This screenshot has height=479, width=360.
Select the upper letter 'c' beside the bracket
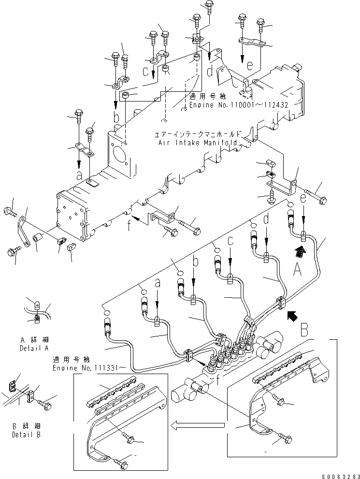145,72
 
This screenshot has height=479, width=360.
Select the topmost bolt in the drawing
209,5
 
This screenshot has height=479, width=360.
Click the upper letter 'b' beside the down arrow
116,116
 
